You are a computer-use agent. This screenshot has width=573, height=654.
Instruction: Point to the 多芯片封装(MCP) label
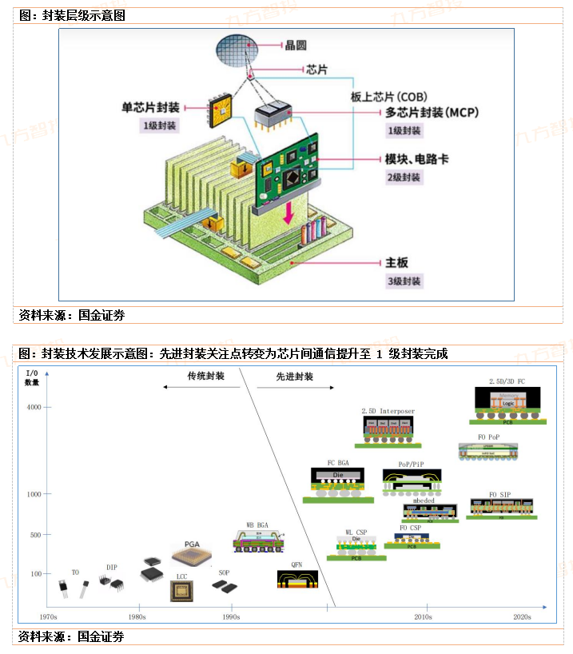coord(431,113)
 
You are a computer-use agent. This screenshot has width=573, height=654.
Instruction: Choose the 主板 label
coord(397,262)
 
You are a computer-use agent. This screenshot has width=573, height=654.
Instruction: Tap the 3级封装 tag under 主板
coord(402,281)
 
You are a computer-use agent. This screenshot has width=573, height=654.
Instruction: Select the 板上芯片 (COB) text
coord(389,96)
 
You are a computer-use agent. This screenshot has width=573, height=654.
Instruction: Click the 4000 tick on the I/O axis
coord(34,408)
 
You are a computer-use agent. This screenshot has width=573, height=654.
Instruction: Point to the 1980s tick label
coord(137,616)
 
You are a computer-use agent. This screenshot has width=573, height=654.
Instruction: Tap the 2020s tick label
coord(521,616)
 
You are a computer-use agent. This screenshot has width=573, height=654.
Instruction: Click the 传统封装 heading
coord(206,376)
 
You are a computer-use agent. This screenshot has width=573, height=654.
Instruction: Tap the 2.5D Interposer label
coord(388,411)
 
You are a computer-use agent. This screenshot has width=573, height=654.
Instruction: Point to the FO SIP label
coord(499,495)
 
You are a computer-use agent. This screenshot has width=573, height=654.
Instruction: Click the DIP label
coord(112,567)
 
